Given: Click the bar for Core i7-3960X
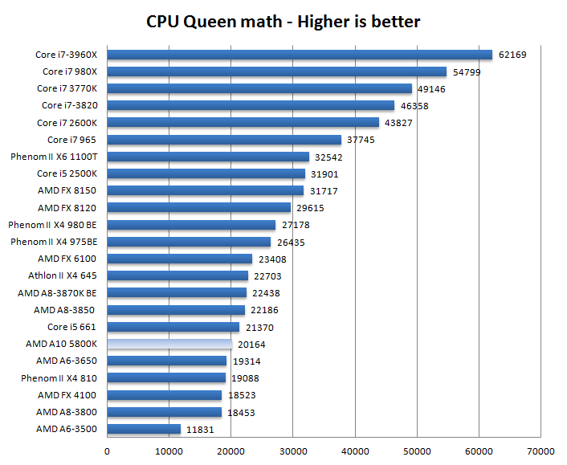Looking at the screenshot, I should (299, 55).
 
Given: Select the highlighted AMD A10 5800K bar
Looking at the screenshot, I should (169, 344).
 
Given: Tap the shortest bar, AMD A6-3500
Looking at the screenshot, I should (144, 429).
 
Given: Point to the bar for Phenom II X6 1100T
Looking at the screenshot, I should (208, 157).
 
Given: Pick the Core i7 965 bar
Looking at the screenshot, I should (224, 140).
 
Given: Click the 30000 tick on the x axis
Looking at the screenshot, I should (293, 451).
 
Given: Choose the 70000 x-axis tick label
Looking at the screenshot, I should (540, 451).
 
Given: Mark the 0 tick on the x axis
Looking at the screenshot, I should (108, 451).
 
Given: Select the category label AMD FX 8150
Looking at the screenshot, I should (67, 190).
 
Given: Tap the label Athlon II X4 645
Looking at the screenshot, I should (63, 275).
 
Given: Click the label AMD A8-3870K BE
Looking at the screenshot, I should (58, 293).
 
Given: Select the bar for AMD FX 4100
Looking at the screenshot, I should (165, 395).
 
